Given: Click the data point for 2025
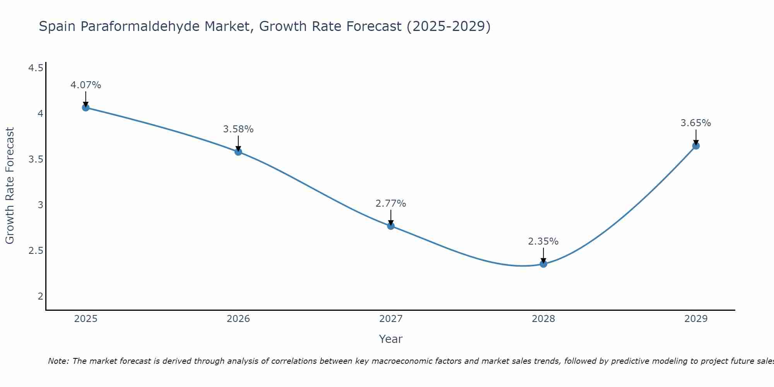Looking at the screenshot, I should [86, 108].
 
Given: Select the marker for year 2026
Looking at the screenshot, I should [238, 152].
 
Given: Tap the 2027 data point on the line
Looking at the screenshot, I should [391, 226].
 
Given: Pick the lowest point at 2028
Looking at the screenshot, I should [543, 264].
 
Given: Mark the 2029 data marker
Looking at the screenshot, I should [696, 146].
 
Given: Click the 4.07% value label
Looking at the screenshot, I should [86, 85].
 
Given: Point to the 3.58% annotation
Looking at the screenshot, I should [238, 129].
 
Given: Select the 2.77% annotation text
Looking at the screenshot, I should [391, 204].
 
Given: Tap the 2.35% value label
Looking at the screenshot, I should [543, 241].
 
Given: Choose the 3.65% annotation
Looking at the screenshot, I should [696, 123].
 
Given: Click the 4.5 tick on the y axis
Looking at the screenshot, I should [36, 68].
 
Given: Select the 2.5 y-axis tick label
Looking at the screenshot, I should [36, 251].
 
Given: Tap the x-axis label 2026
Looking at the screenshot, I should [238, 319].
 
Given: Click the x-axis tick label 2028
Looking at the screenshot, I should [543, 319].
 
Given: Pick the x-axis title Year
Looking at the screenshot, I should [391, 339].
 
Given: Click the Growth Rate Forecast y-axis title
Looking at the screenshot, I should [10, 186].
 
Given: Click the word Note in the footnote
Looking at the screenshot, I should [58, 361].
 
